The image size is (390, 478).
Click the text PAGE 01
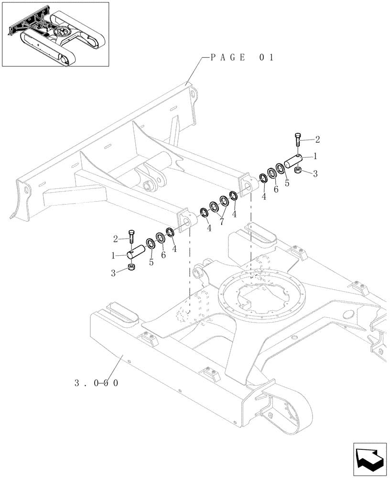point(241,57)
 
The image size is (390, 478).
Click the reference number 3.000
point(96,383)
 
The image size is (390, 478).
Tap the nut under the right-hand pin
point(297,171)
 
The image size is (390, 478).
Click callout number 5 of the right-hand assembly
point(287,183)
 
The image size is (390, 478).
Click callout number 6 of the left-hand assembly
point(164,255)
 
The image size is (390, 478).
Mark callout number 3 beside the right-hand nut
point(315,175)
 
